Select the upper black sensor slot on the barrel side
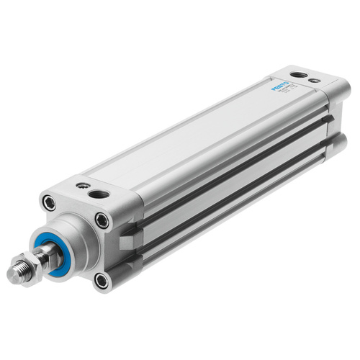[238, 163]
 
